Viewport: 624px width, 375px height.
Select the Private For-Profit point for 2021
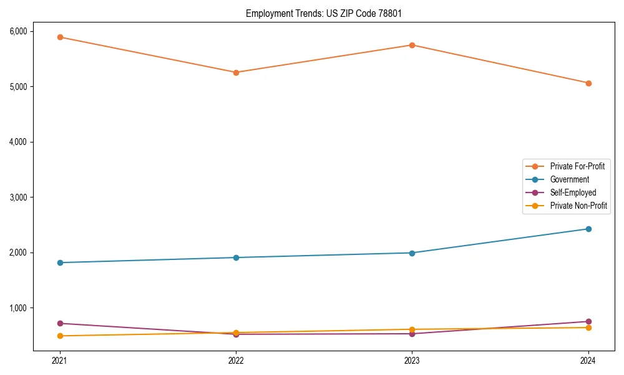tap(60, 37)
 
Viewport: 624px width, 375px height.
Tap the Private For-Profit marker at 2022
tap(236, 72)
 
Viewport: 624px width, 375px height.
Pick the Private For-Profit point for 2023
tap(412, 45)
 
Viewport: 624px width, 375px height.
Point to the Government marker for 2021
tap(60, 262)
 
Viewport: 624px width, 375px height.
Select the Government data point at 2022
tap(236, 257)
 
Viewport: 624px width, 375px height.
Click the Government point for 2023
tap(412, 253)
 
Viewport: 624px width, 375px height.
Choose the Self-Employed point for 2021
tap(60, 323)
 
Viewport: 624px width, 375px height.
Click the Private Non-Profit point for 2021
tap(60, 336)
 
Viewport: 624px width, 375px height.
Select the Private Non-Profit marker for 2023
tap(412, 329)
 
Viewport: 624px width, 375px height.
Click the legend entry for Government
tap(569, 179)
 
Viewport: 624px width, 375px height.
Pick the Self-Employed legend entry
tap(573, 192)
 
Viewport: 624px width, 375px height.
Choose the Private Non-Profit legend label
tap(578, 206)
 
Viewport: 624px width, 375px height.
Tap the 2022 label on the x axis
tap(236, 360)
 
